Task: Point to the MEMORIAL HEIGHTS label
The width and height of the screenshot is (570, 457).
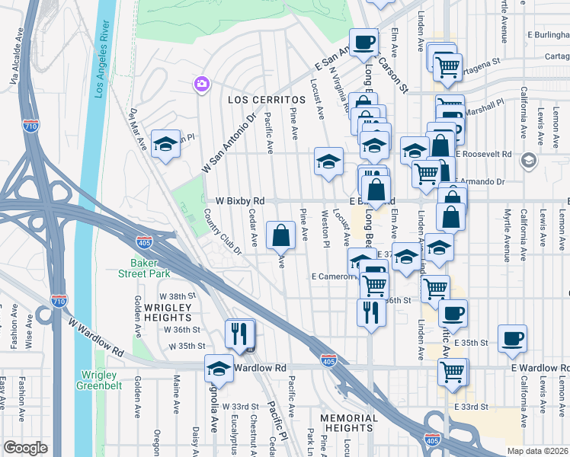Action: tap(347, 424)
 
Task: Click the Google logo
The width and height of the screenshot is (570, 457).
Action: tap(25, 448)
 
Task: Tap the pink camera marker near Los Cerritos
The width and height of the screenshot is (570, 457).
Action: tap(202, 84)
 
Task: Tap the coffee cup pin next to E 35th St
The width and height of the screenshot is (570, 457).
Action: tap(512, 339)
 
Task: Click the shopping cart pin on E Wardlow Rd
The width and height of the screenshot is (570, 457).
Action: tap(452, 372)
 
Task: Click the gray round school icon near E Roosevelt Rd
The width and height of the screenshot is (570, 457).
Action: tap(527, 161)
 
